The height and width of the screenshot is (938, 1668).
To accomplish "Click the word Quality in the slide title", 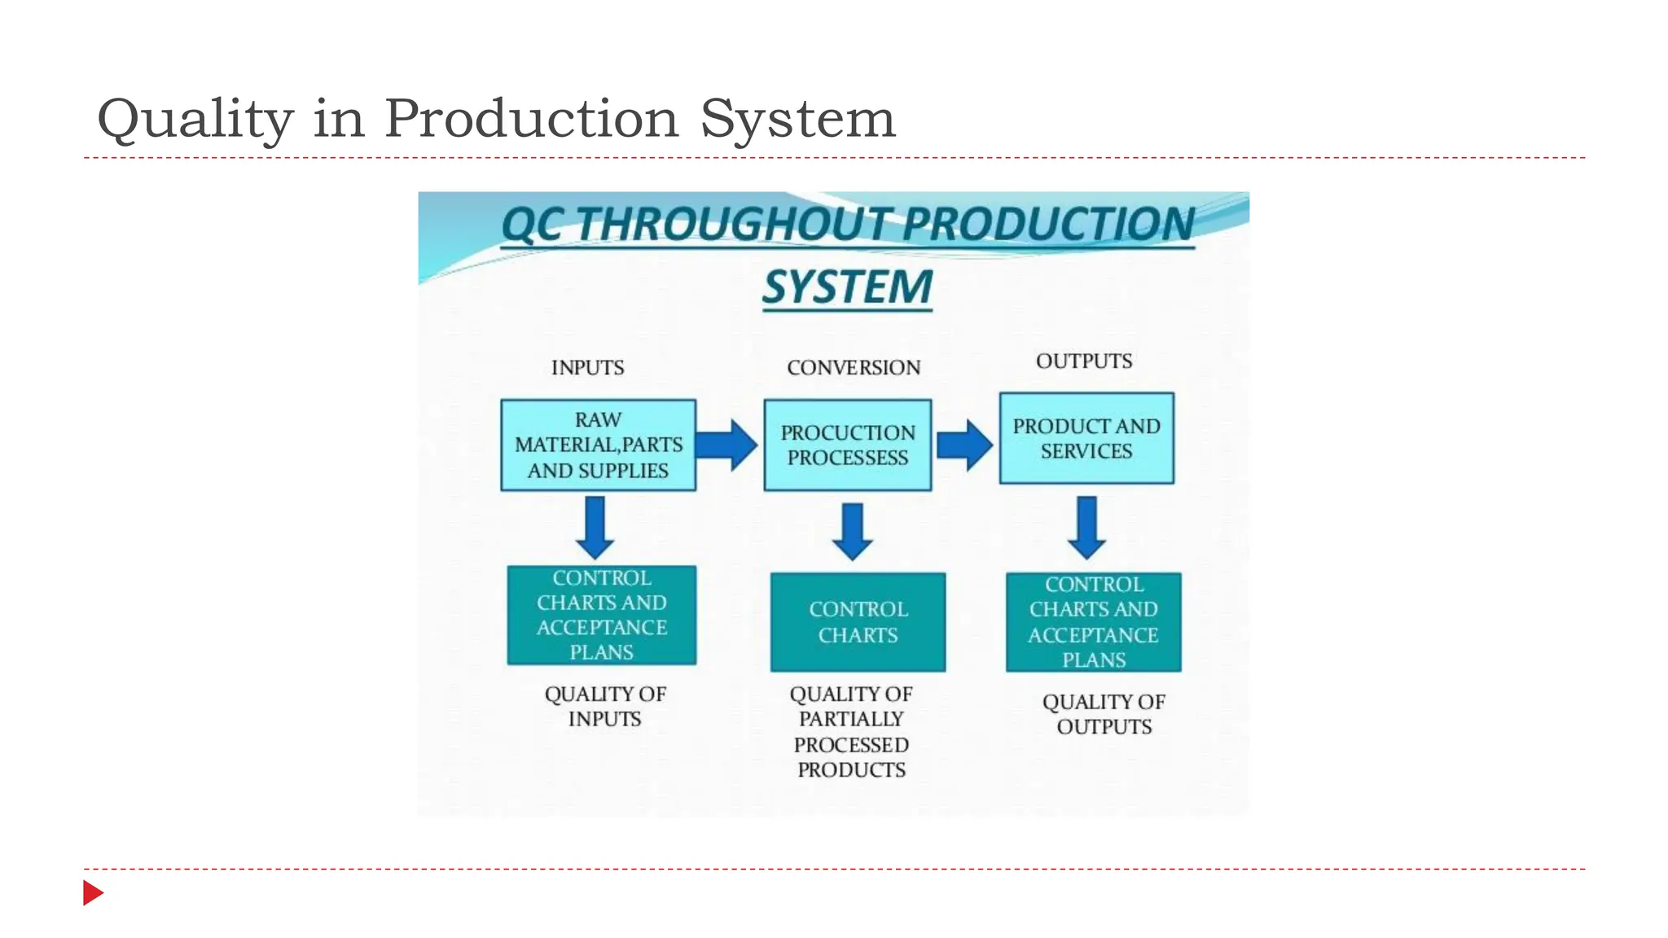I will [195, 120].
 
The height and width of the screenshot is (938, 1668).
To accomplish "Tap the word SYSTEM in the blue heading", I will [847, 287].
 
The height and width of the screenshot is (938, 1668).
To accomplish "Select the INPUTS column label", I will [587, 368].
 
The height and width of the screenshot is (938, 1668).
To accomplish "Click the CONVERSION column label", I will [854, 368].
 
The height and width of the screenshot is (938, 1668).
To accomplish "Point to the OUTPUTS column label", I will [1084, 362].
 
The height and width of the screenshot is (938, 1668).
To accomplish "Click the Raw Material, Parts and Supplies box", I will [598, 445].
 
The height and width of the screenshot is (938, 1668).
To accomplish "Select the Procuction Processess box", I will [847, 445].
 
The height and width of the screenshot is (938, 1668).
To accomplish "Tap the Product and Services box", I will [1086, 438].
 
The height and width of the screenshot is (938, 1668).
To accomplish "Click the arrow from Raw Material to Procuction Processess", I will [727, 445].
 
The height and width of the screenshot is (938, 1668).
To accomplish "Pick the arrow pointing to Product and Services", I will [964, 445].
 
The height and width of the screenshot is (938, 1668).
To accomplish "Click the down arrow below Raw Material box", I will [595, 528].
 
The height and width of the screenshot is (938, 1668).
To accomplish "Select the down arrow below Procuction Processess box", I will [853, 532].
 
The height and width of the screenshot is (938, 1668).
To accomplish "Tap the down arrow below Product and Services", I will [1086, 528].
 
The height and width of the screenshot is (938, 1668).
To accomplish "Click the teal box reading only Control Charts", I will [858, 622].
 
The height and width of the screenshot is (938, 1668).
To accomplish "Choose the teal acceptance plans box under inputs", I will [601, 616].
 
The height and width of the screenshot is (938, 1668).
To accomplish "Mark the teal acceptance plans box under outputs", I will [1093, 622].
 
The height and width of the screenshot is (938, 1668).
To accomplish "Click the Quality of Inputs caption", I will [604, 707].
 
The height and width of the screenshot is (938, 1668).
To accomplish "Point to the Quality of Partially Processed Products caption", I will [851, 732].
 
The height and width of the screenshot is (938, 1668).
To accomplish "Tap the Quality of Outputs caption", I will [1104, 714].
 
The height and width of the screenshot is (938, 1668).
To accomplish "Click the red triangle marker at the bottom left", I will [92, 893].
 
